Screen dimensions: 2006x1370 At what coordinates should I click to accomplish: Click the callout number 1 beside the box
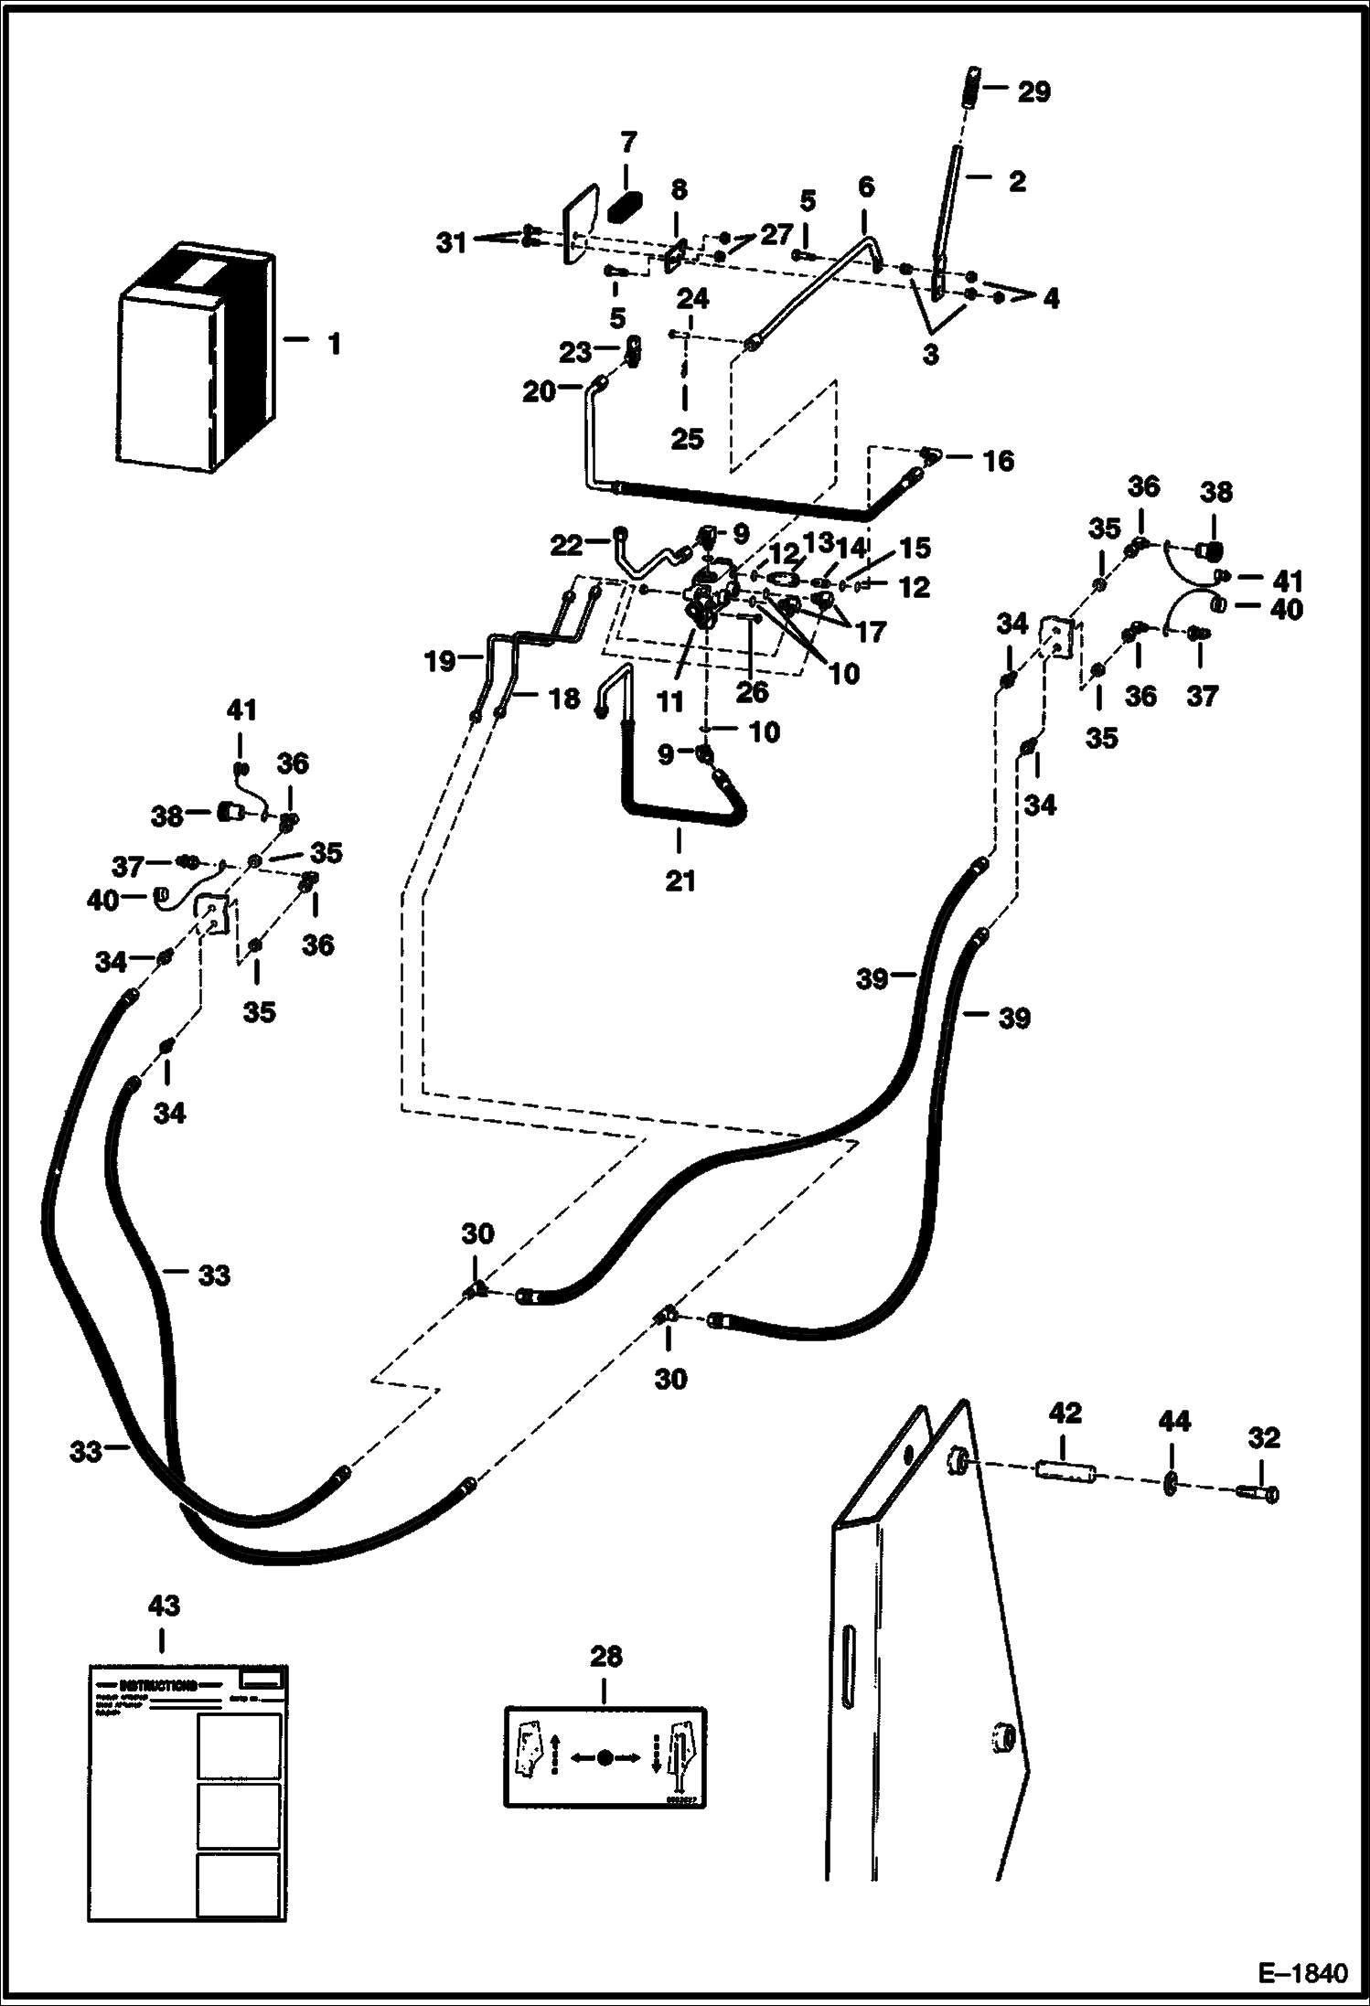click(x=334, y=345)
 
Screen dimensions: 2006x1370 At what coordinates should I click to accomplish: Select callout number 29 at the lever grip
click(x=1034, y=92)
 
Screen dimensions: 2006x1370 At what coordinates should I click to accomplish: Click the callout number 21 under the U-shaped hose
click(x=680, y=881)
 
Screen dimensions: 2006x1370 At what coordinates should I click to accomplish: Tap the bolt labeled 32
click(x=1258, y=1493)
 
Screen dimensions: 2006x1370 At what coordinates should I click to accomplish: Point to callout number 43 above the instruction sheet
click(x=164, y=1606)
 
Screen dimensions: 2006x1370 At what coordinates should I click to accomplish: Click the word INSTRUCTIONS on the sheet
click(x=157, y=1685)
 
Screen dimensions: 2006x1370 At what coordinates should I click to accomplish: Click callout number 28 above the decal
click(x=605, y=1656)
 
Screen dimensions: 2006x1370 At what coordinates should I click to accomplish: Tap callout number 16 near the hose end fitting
click(x=998, y=461)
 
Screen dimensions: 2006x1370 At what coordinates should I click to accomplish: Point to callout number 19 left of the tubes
click(x=440, y=660)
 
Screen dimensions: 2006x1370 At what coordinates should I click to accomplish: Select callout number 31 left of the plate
click(x=450, y=243)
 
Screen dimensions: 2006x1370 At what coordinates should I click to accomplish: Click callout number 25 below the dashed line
click(x=687, y=439)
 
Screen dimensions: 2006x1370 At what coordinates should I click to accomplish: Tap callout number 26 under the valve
click(x=752, y=691)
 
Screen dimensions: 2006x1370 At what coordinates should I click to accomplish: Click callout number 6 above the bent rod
click(x=865, y=187)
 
